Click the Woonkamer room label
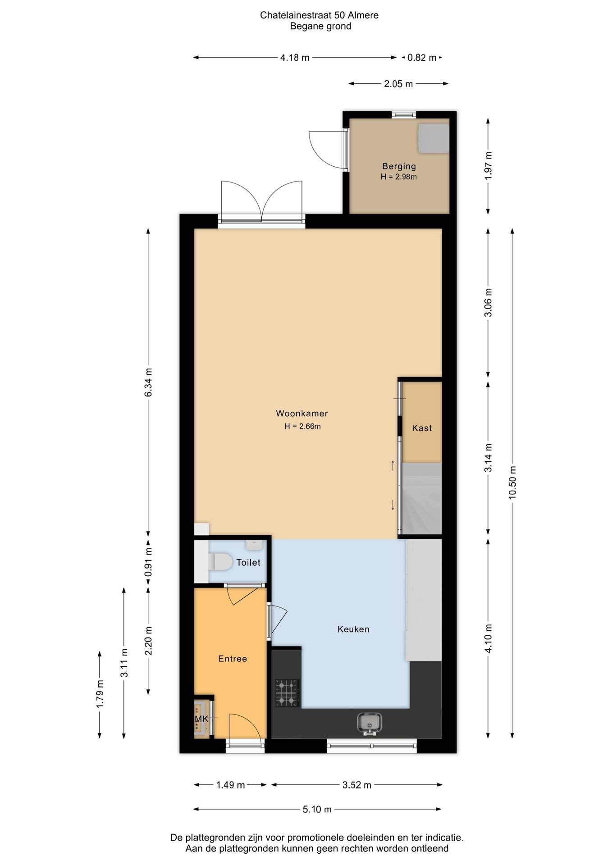click(301, 413)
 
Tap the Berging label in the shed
click(399, 166)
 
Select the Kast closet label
click(422, 428)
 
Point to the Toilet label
click(248, 562)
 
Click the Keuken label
click(353, 629)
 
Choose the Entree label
click(233, 659)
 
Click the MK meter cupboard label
click(201, 719)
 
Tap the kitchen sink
click(370, 724)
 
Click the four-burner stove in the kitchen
click(287, 692)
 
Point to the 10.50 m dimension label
click(512, 482)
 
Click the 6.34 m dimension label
click(148, 382)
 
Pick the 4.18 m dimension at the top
click(295, 58)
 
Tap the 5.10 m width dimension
click(317, 809)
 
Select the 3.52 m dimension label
click(356, 785)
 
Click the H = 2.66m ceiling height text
click(302, 426)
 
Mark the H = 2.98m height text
click(399, 177)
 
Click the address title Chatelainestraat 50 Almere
click(319, 15)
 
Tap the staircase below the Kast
click(422, 499)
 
